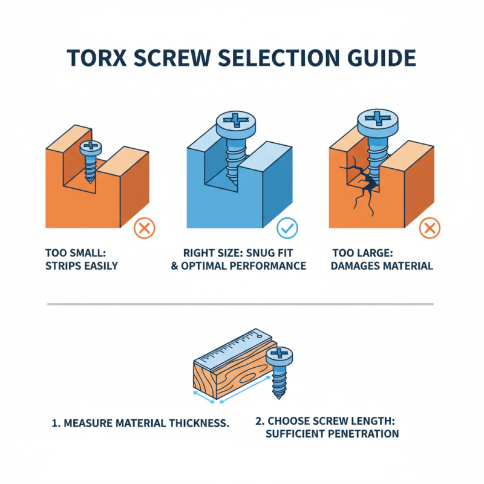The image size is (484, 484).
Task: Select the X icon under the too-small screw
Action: [x=144, y=228]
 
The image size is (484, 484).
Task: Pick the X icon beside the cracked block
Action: [x=430, y=228]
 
